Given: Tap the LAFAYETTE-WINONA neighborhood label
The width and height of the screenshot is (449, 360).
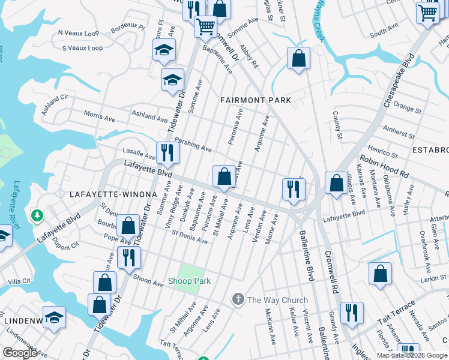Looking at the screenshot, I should (x=113, y=194).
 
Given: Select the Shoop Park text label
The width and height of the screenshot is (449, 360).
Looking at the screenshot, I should (x=189, y=281).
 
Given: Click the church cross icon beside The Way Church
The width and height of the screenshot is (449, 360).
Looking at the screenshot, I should (x=238, y=299).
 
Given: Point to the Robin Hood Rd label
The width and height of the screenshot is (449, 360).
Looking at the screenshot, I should (x=384, y=167).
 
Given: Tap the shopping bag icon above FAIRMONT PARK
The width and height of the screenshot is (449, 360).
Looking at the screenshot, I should (x=298, y=59).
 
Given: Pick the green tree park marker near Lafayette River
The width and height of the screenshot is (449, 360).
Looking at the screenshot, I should (x=37, y=214).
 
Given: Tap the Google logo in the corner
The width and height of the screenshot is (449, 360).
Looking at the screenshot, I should (x=20, y=353).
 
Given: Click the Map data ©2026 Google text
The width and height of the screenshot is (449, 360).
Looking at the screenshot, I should (x=412, y=355).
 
